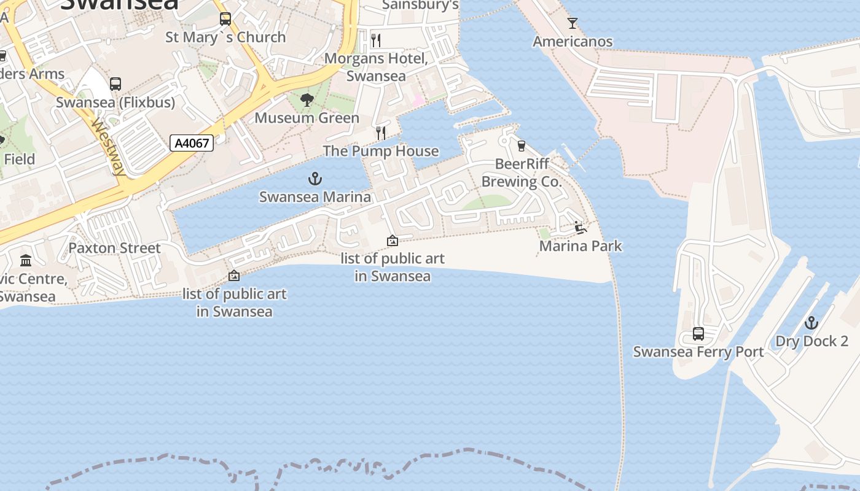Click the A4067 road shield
click(192, 144)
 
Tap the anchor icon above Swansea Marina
click(315, 179)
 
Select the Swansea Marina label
click(315, 197)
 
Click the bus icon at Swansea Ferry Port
click(698, 334)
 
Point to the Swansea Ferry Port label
click(698, 352)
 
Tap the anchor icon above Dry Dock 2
click(811, 323)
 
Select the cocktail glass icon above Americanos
click(573, 23)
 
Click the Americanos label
click(573, 42)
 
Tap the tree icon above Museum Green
click(307, 99)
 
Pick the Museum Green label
click(307, 118)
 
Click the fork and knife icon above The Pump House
click(381, 133)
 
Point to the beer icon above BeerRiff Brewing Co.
click(522, 145)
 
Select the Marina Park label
click(580, 246)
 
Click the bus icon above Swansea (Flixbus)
click(115, 84)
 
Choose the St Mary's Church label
click(225, 37)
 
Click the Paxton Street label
click(114, 248)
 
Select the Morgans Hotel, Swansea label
click(376, 67)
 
